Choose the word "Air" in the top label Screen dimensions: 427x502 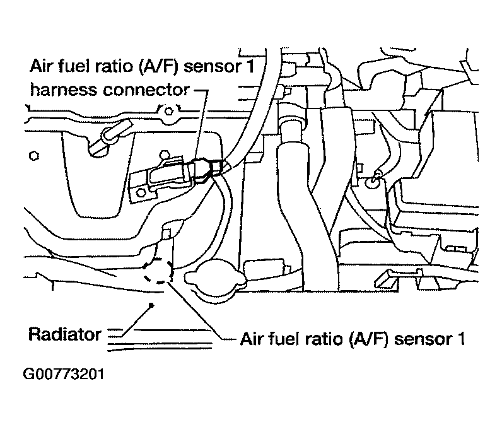(43, 66)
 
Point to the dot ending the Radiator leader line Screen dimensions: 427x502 (151, 305)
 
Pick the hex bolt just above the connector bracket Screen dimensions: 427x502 (164, 153)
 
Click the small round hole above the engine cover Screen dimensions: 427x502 (168, 112)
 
